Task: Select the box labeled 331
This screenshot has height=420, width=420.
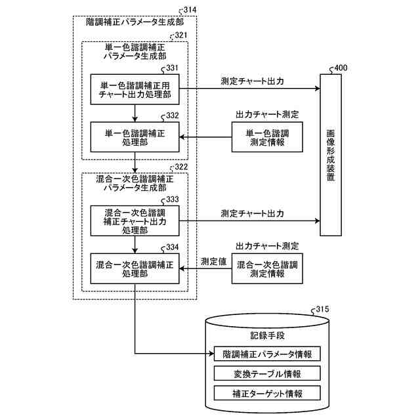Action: point(135,89)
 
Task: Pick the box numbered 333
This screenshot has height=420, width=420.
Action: point(135,221)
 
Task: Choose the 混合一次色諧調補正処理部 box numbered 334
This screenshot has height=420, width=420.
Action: point(135,269)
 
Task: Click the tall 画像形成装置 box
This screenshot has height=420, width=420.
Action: point(331,155)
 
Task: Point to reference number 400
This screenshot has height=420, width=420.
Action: point(342,68)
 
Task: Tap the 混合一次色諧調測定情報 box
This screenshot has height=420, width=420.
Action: point(266,269)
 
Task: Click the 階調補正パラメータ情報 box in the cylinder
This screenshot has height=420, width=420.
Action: point(267,354)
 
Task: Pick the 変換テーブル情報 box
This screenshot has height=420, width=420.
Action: point(267,374)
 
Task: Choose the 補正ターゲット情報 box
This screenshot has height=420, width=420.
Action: point(267,394)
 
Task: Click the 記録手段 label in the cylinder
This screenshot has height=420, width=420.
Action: point(267,335)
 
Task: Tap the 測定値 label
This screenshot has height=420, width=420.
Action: point(213,261)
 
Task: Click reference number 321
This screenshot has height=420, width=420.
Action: point(180,35)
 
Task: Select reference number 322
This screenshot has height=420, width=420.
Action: point(180,167)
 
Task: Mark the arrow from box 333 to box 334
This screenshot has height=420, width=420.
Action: point(135,245)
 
